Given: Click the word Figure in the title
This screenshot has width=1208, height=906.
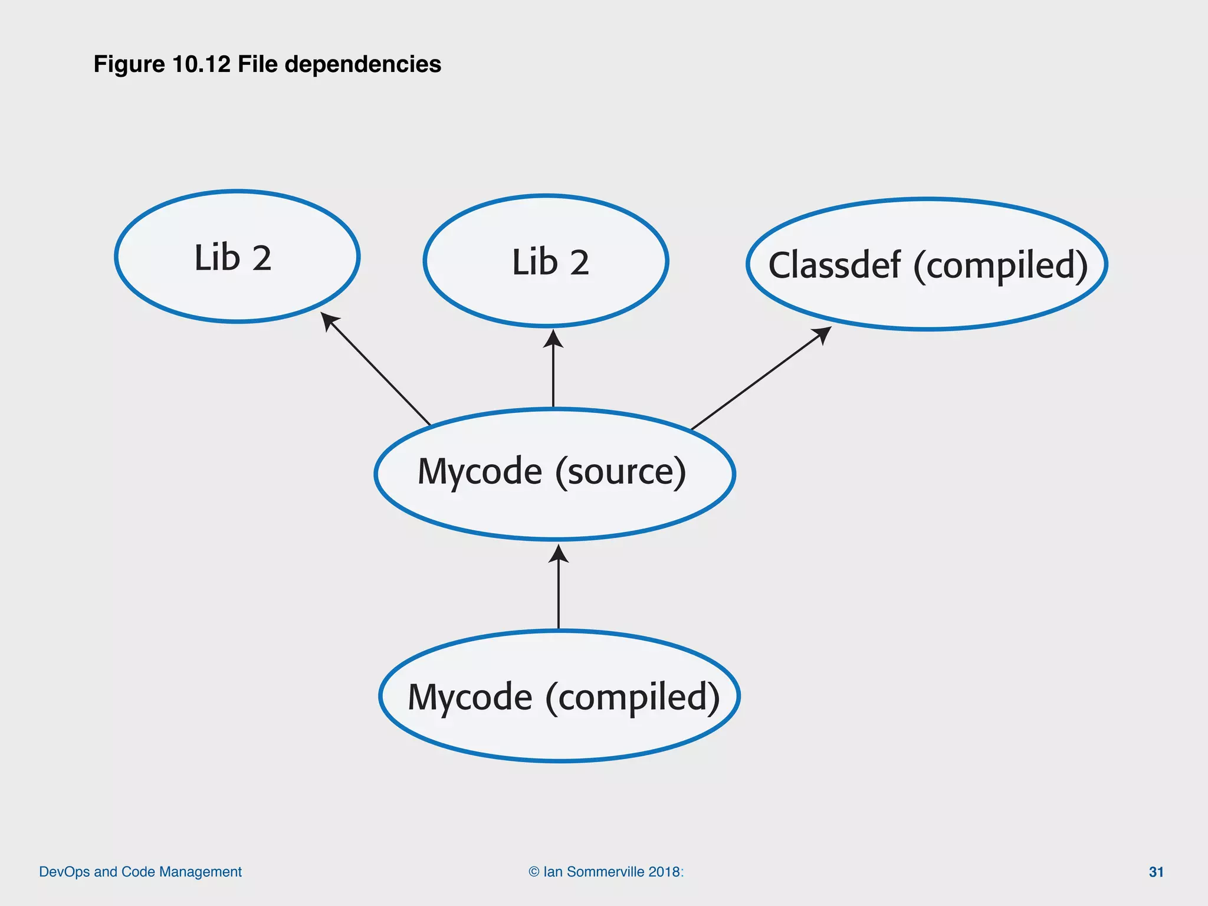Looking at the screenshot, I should tap(129, 64).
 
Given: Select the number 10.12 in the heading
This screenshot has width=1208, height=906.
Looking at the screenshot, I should tap(201, 64).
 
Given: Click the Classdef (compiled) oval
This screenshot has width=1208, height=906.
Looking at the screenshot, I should tap(927, 264).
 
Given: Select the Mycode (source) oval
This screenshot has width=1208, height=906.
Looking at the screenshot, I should tap(554, 474).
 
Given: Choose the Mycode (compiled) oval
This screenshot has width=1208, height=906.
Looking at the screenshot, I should tap(559, 697).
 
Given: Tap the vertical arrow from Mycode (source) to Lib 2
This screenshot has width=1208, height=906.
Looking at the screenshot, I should tap(553, 372).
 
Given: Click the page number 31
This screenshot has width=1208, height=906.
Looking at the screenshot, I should tap(1156, 872).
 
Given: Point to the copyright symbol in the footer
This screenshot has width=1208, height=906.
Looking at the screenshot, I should tap(534, 872).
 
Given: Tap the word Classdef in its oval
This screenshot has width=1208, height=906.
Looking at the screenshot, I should tap(834, 265).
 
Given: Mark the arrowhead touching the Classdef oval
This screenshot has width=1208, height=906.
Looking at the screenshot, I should tap(823, 334).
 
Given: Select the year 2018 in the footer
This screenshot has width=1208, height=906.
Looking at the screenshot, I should tap(664, 872).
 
